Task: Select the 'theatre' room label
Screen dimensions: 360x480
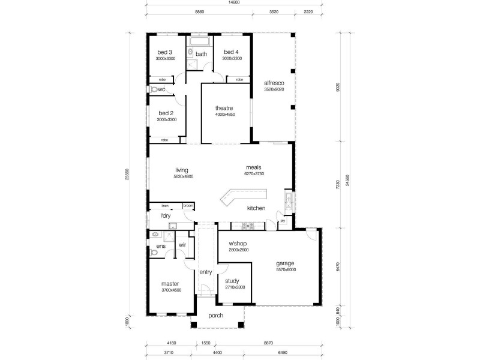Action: point(224,108)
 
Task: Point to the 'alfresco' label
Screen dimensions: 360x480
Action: point(274,83)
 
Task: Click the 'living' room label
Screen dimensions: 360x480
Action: point(182,170)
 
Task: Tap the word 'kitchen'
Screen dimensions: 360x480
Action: point(257,208)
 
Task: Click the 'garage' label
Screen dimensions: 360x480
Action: point(285,263)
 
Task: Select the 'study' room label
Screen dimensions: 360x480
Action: point(232,280)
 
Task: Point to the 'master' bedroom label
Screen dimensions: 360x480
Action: point(170,284)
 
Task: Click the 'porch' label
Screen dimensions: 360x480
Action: point(216,316)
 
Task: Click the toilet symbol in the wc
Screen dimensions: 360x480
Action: point(157,89)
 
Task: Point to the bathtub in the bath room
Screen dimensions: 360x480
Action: point(197,42)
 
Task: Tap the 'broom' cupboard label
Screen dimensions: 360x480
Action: point(188,205)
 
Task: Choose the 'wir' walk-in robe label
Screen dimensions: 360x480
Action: point(182,245)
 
